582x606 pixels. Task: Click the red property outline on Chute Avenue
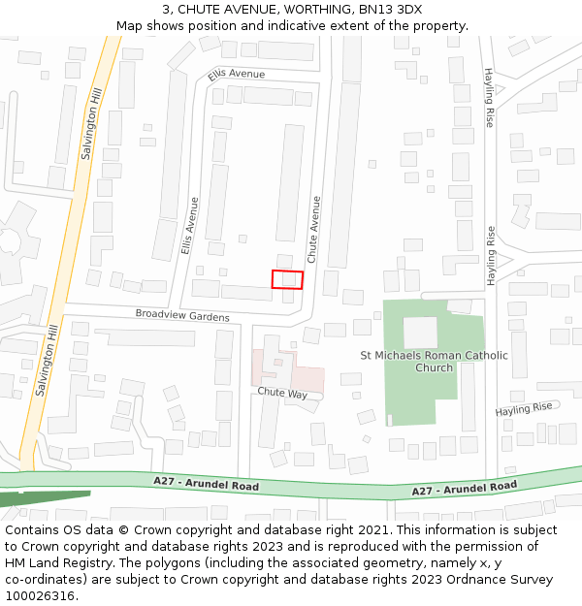point(287,279)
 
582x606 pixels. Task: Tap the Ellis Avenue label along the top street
point(236,75)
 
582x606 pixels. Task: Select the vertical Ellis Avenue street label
point(189,227)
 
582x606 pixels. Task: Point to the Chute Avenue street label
point(313,230)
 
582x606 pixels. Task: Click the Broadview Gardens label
point(182,316)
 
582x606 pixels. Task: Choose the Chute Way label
point(282,394)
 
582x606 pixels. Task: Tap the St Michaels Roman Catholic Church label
point(434,362)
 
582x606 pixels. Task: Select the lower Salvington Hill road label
point(46,361)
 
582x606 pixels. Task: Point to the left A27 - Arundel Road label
point(206,483)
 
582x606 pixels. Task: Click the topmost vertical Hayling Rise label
point(490,97)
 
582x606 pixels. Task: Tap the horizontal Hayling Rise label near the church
point(524,409)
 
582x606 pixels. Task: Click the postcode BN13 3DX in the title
point(395,10)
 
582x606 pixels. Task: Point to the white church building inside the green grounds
point(420,333)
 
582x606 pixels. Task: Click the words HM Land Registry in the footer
point(55,562)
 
